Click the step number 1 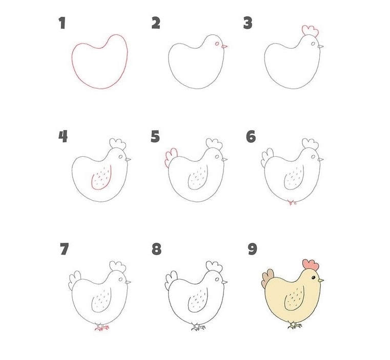coord(63,23)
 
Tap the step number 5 coord(155,137)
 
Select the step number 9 coord(251,249)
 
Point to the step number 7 coord(64,249)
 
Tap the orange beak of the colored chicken coord(321,280)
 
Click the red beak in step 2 coord(224,47)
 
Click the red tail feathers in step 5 coord(170,158)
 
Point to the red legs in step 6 coord(293,203)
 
